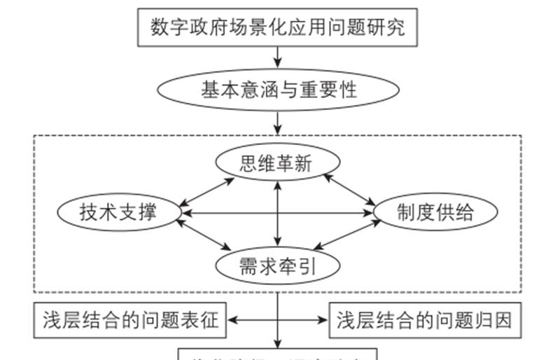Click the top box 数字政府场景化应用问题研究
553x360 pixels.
tap(278, 27)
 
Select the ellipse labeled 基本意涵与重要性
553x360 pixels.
tap(278, 90)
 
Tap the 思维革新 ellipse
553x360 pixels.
tap(278, 163)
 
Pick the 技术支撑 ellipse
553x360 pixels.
tap(118, 212)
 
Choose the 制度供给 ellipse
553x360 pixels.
tap(435, 212)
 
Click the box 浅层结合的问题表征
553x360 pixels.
tap(130, 320)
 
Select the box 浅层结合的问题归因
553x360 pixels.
tap(426, 320)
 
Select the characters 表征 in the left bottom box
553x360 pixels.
tap(203, 320)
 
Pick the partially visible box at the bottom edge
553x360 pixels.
tap(278, 354)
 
